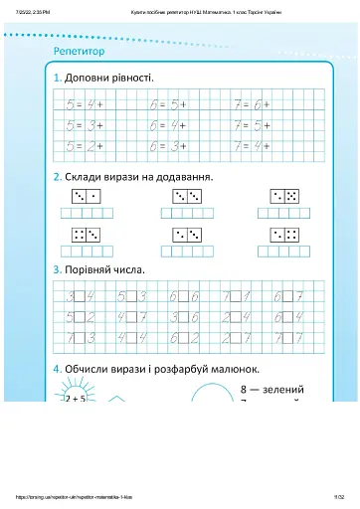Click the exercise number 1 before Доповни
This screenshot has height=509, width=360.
(59, 77)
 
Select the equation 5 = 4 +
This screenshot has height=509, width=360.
(85, 103)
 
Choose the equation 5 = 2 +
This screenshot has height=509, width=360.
(85, 145)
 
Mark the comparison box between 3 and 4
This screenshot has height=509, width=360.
(81, 295)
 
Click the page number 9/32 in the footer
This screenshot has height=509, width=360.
(338, 496)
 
